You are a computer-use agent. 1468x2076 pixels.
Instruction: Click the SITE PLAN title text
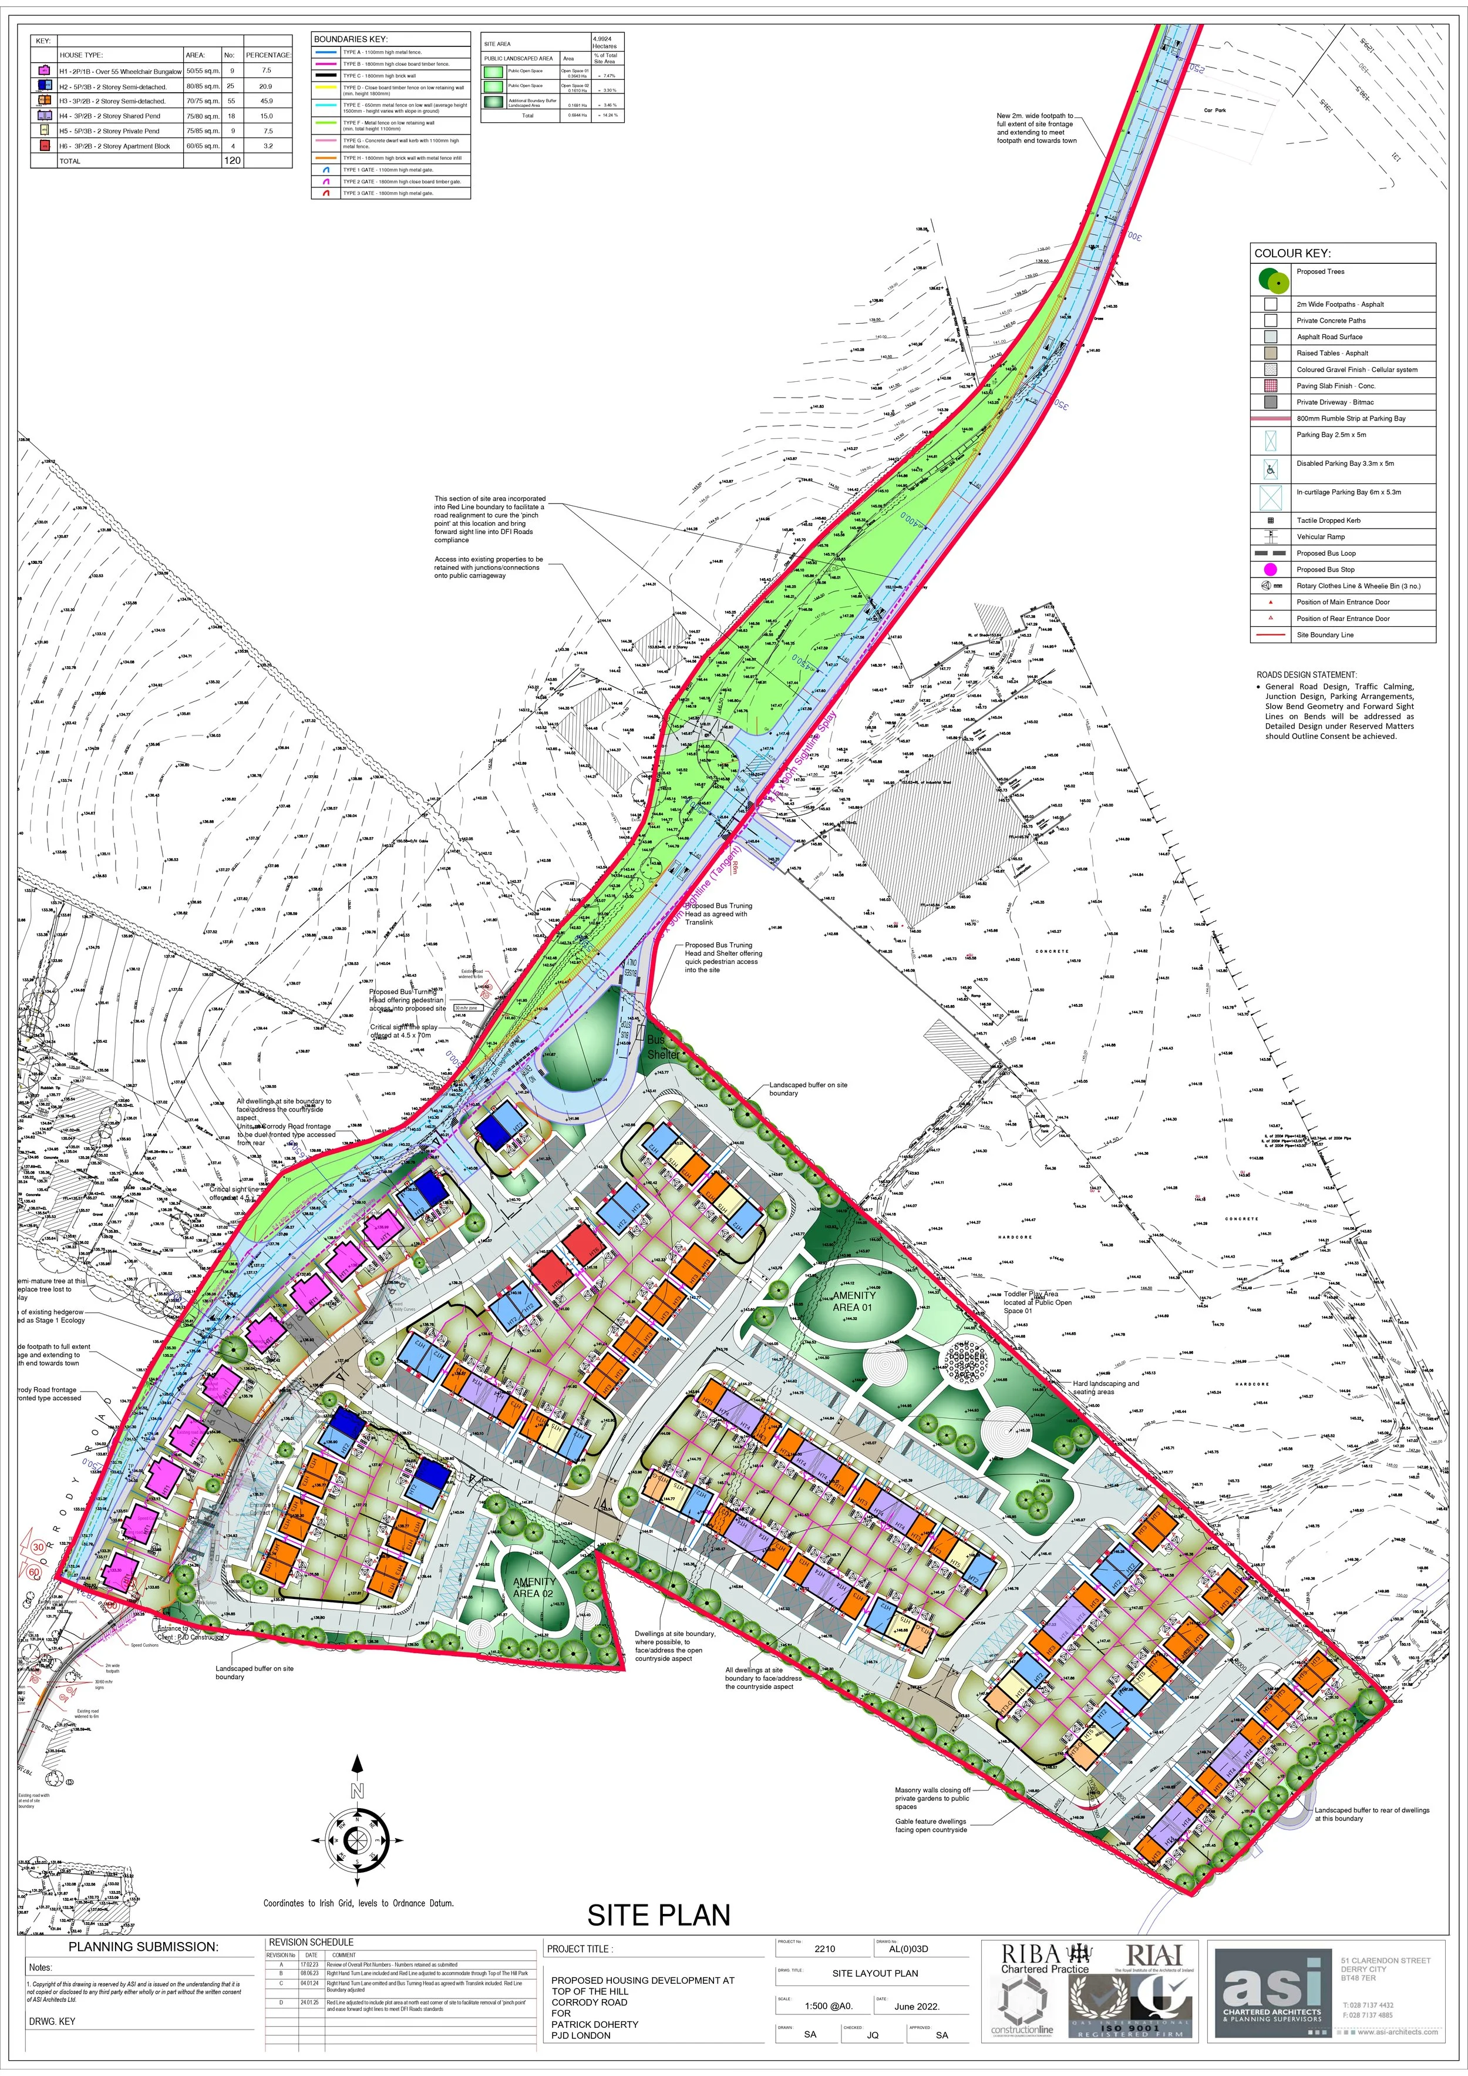click(658, 1915)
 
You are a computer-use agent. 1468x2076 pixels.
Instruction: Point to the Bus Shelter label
click(662, 1047)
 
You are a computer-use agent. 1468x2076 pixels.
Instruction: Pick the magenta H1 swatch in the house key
click(44, 70)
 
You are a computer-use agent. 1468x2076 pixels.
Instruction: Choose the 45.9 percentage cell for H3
click(267, 101)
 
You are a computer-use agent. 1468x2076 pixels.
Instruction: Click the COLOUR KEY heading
click(1292, 253)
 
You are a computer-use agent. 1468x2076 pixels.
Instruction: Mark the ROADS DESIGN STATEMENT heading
click(1306, 674)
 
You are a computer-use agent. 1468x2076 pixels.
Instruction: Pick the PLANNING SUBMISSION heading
click(144, 1947)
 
